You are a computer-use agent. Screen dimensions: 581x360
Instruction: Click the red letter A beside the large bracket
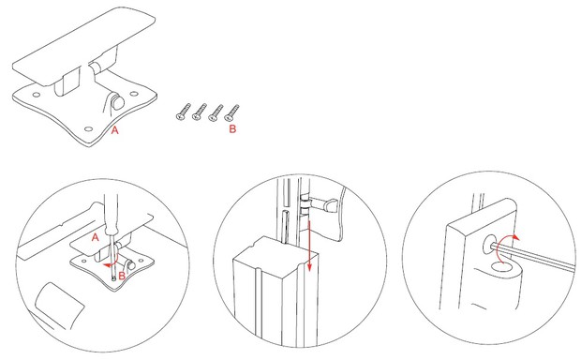click(x=115, y=130)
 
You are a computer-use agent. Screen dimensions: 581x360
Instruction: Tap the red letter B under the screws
click(x=232, y=129)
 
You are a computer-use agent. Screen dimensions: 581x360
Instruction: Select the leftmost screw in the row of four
click(x=183, y=112)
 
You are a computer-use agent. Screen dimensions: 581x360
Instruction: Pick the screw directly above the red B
click(x=231, y=112)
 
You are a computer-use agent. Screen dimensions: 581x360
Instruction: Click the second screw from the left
click(x=199, y=112)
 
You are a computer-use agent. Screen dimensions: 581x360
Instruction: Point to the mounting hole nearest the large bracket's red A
click(x=89, y=129)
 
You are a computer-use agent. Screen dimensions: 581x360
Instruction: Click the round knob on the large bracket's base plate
click(x=118, y=101)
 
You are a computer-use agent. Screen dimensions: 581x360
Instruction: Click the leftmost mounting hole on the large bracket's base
click(x=37, y=95)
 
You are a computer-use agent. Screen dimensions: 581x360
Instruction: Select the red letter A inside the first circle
click(x=96, y=237)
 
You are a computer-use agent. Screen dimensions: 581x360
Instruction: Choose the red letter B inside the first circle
click(x=122, y=277)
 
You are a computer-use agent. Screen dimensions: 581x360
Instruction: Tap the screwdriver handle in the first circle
click(x=111, y=214)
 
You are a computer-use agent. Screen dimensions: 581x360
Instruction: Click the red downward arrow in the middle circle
click(x=309, y=245)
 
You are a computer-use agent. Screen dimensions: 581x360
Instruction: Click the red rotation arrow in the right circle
click(x=503, y=246)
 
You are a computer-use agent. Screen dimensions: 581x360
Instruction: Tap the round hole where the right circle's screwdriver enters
click(x=491, y=245)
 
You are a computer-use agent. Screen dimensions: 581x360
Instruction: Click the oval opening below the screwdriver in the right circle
click(x=504, y=267)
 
